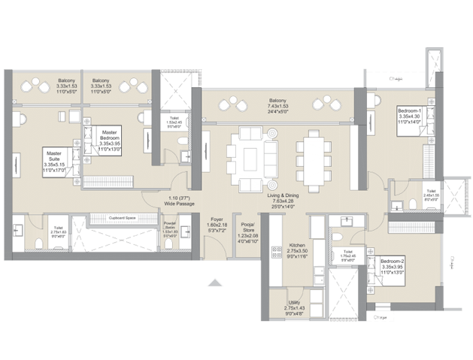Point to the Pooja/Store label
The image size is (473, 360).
(247, 225)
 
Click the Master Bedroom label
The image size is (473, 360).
(115, 134)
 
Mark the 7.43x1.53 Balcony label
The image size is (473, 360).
(278, 100)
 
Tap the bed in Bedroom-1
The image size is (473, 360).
(413, 125)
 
